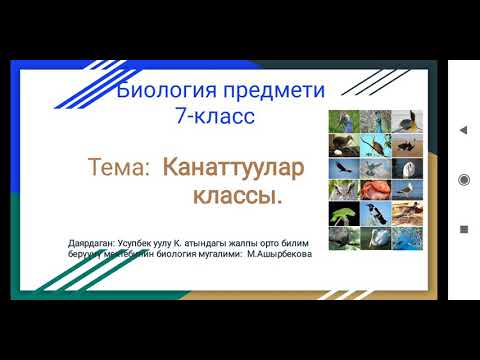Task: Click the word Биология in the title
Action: click(x=162, y=92)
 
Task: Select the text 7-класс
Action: click(x=213, y=116)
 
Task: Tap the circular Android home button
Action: click(x=463, y=179)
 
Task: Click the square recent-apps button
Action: click(x=463, y=228)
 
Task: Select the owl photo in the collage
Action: click(x=343, y=188)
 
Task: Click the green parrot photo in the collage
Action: click(x=343, y=212)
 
